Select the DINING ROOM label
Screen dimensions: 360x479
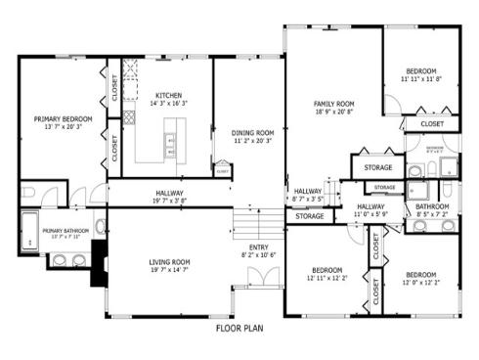tap(251, 132)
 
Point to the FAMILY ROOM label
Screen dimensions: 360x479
tap(333, 104)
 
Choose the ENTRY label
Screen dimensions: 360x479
tap(259, 247)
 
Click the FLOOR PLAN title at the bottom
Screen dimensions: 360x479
tap(239, 329)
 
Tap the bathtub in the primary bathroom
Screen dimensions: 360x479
tap(28, 229)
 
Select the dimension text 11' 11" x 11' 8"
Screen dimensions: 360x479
tap(421, 79)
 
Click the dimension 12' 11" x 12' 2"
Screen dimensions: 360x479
tap(326, 279)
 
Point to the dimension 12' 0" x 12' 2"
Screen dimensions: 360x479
tap(421, 284)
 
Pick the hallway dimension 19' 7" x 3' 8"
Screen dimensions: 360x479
tap(170, 201)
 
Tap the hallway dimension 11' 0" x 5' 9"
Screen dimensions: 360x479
tap(370, 214)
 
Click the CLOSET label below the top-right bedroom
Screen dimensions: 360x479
tap(432, 124)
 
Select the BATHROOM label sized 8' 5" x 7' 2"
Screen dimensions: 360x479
tap(432, 206)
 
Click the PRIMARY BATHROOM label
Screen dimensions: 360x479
tap(65, 230)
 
